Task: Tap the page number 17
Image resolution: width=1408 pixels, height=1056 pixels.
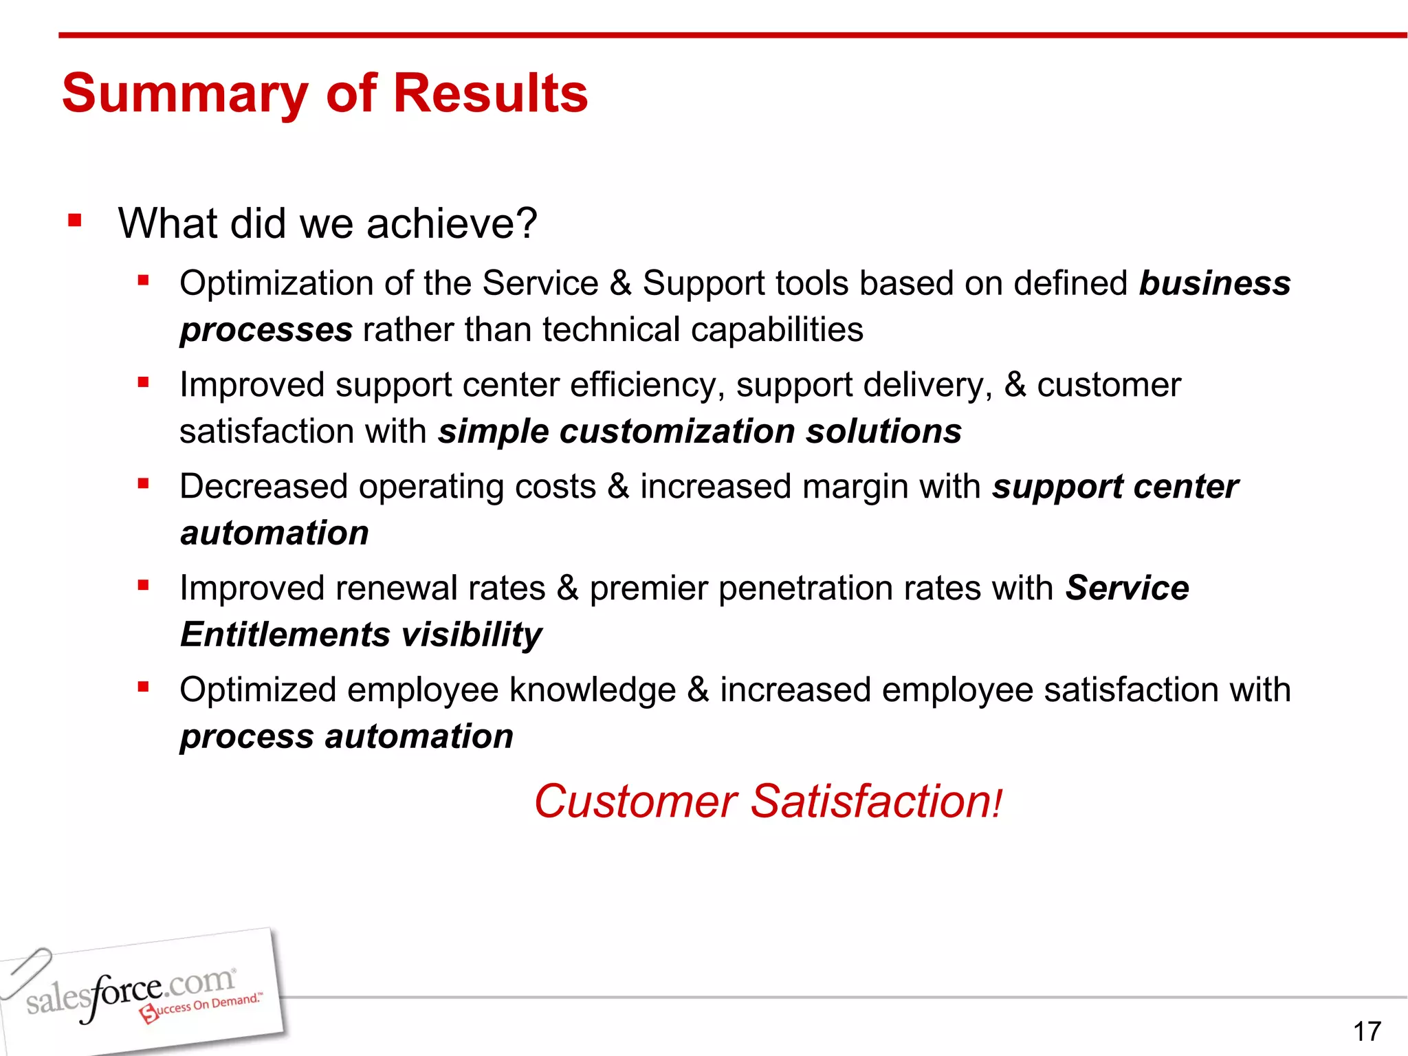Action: tap(1367, 1031)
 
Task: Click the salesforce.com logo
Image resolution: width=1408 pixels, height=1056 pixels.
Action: tap(131, 992)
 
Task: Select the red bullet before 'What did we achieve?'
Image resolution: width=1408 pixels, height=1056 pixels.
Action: tap(75, 221)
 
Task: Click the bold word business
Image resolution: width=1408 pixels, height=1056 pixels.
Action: tap(1215, 283)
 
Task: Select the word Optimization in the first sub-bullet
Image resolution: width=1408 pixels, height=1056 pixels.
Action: tap(276, 283)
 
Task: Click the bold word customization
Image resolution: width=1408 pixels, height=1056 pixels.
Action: tap(677, 432)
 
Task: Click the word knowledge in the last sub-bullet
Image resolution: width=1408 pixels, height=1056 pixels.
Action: tap(593, 690)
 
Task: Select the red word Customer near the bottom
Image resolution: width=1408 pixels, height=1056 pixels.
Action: tap(635, 802)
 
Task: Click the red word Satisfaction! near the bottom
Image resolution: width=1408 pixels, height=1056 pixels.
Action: tap(877, 802)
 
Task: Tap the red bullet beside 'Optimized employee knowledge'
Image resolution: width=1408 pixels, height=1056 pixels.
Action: tap(143, 687)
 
